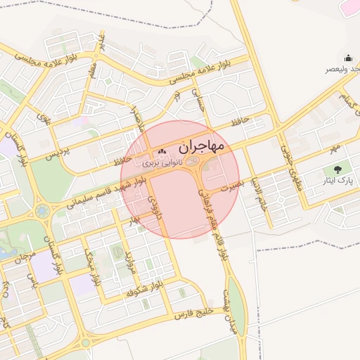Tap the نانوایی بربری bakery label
pyautogui.click(x=162, y=162)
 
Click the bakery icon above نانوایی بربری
pyautogui.click(x=162, y=151)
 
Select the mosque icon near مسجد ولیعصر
pyautogui.click(x=347, y=58)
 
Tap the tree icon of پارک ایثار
pyautogui.click(x=339, y=169)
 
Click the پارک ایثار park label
pyautogui.click(x=338, y=181)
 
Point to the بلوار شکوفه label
pyautogui.click(x=145, y=289)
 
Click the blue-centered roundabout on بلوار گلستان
pyautogui.click(x=43, y=210)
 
